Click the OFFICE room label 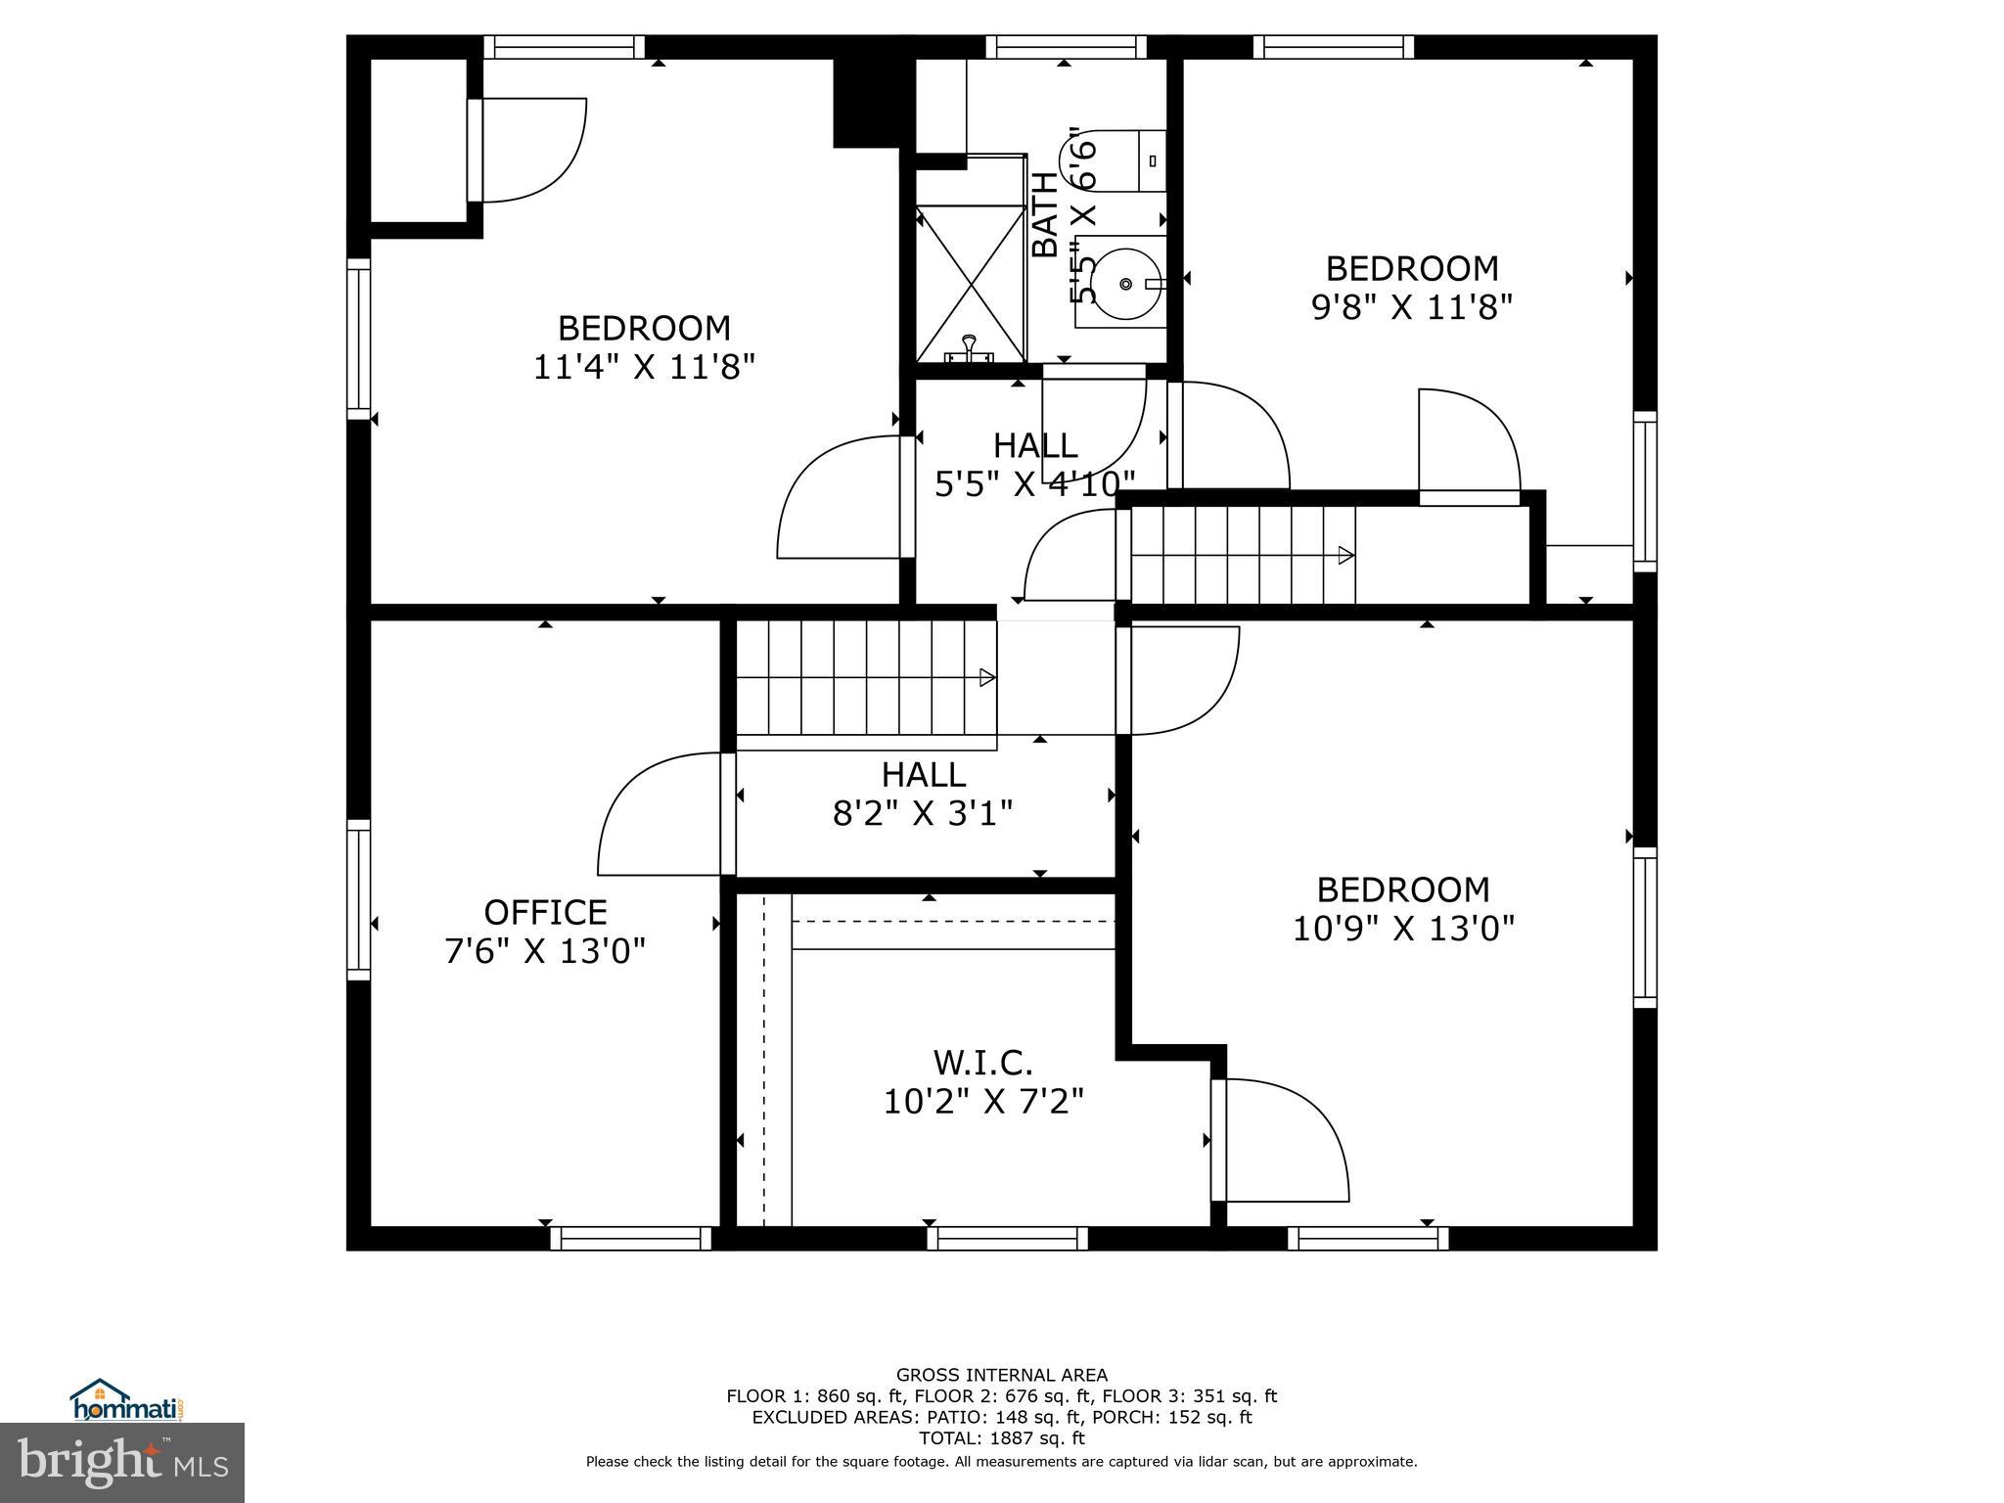(545, 912)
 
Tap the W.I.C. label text (982, 1062)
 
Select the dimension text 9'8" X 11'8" (1411, 307)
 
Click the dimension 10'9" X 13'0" (1403, 928)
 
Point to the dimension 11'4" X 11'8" (644, 367)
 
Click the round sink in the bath (1126, 284)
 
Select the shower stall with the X (971, 282)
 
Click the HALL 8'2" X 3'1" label (923, 794)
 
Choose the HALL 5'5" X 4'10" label (1035, 464)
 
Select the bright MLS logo (122, 1463)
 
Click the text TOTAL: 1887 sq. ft (1001, 1438)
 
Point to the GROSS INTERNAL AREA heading (1001, 1375)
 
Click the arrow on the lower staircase (987, 677)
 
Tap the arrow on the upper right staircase (1346, 556)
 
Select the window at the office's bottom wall (630, 1238)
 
